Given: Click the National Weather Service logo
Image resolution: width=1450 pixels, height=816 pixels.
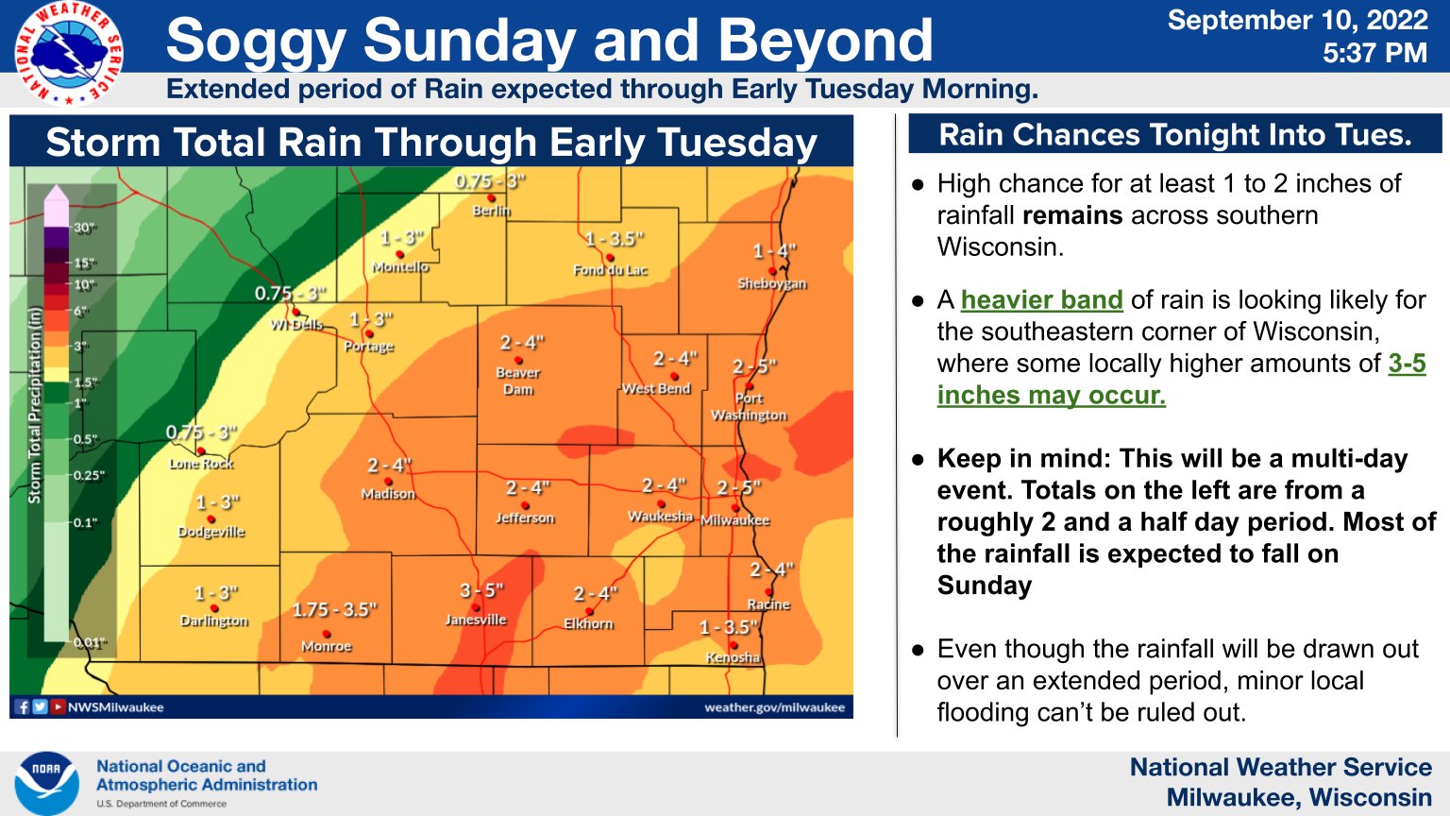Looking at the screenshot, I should (68, 53).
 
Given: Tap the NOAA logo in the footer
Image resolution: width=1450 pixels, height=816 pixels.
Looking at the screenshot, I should (46, 783).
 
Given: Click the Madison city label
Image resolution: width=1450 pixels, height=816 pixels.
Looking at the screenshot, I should (388, 494).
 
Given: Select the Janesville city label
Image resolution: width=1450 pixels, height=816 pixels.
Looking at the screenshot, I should (476, 620).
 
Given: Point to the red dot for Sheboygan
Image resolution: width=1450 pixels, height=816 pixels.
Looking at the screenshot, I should (773, 271).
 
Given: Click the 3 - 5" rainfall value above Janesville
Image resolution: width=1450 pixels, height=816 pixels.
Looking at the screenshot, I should (481, 590).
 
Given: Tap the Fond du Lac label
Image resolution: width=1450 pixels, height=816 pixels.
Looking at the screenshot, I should (611, 270).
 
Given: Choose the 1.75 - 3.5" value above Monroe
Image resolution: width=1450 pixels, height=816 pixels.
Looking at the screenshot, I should (334, 610).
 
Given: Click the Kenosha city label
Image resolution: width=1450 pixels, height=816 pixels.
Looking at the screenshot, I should (733, 657).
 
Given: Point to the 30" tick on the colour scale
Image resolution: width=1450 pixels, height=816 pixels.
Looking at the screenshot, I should (85, 228).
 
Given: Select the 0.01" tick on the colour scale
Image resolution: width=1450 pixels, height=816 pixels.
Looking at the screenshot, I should (90, 643).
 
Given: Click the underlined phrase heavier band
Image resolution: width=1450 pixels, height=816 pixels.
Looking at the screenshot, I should (1041, 300).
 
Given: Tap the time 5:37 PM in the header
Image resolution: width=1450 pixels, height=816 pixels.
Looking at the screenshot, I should (1374, 53).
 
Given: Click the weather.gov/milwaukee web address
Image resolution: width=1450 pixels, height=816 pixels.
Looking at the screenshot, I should (774, 707).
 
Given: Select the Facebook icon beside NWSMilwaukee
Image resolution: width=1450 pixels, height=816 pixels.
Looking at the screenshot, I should (23, 706).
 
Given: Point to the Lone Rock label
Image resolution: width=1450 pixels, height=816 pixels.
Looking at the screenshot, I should (201, 464).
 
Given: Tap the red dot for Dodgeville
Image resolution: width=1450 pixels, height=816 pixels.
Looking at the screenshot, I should (211, 519).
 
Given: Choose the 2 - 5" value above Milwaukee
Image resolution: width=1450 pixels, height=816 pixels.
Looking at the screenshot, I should (738, 488).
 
